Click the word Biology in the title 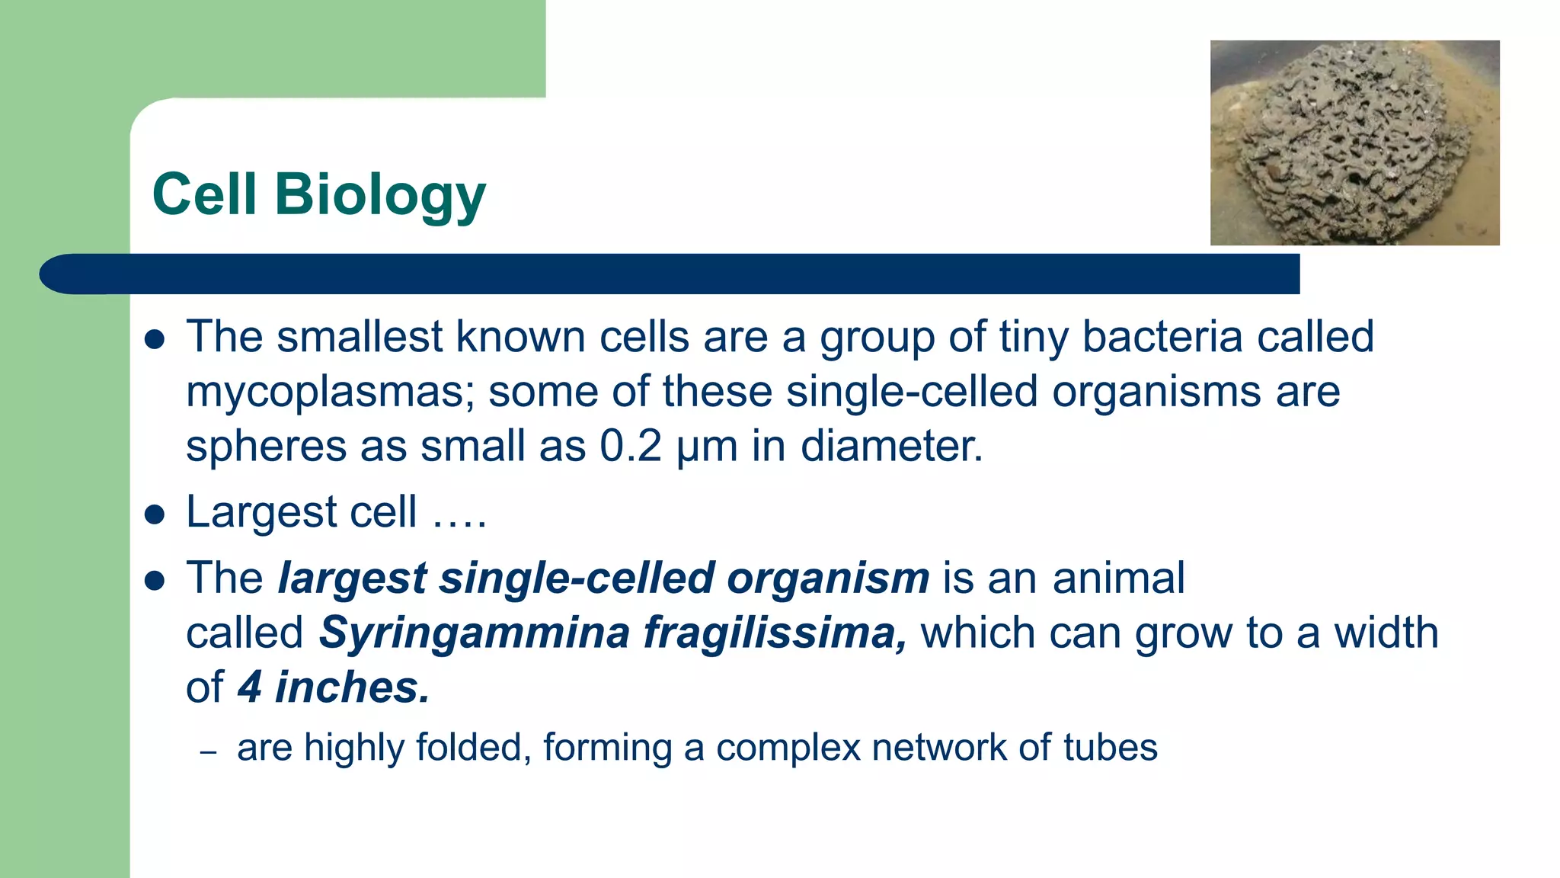pos(379,194)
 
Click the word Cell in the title pos(203,194)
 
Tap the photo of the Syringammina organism pos(1354,143)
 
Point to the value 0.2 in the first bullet pos(630,447)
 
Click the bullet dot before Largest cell pos(155,514)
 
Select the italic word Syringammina pos(473,633)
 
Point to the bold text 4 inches pos(333,687)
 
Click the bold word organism pos(828,578)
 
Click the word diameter pos(891,447)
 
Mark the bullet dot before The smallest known pos(155,339)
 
